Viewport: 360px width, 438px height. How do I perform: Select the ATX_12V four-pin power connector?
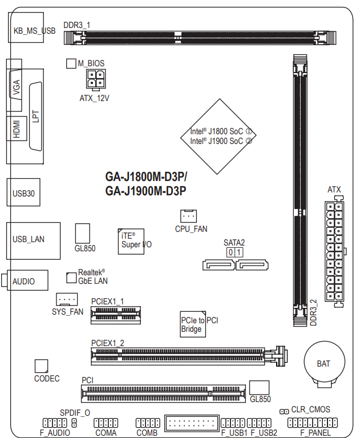tap(96, 79)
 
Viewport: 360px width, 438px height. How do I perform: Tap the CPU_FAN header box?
tap(188, 216)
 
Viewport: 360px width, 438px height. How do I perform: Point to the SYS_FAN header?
tap(67, 299)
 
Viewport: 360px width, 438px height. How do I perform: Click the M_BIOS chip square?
tap(71, 63)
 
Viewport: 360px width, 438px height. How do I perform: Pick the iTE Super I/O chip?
tap(131, 242)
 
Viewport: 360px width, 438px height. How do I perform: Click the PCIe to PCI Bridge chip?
tap(193, 324)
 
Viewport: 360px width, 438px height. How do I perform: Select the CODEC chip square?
tap(41, 366)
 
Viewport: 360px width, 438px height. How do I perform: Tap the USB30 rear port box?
tap(23, 192)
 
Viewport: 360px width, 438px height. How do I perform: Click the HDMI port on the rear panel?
tap(17, 128)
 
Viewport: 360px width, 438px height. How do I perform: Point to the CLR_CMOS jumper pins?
tap(284, 412)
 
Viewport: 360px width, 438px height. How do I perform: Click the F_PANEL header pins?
tap(312, 423)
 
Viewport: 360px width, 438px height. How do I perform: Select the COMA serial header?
tap(106, 423)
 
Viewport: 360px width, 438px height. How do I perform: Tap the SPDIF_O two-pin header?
tap(74, 423)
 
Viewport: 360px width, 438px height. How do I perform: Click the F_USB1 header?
tap(233, 423)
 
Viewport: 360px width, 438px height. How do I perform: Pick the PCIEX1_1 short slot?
tap(116, 315)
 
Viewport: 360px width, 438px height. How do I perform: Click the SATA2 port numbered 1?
tap(252, 265)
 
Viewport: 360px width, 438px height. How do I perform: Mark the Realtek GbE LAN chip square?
tap(71, 278)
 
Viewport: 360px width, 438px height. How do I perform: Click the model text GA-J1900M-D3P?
tap(145, 191)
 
